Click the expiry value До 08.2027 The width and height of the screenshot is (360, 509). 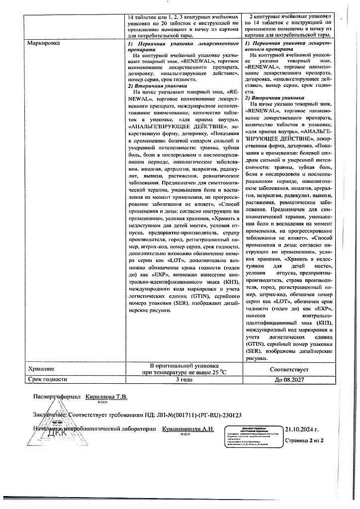[x=289, y=379]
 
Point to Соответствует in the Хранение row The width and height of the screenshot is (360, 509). [x=289, y=370]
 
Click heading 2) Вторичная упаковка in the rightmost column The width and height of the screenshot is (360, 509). [x=271, y=98]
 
